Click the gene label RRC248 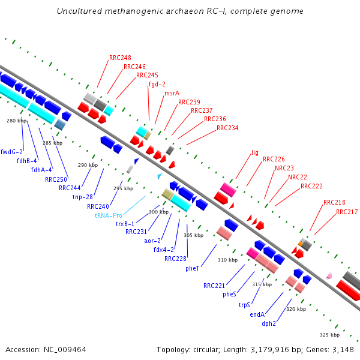(x=120, y=58)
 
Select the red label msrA (x=172, y=93)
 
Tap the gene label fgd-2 (x=157, y=85)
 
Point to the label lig (x=255, y=153)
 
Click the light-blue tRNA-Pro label (x=108, y=215)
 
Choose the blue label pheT (x=193, y=268)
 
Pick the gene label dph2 (x=268, y=323)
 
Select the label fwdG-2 (x=11, y=152)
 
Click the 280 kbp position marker (x=17, y=121)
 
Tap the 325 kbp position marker (x=330, y=334)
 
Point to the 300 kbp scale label (x=159, y=212)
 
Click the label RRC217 (x=347, y=212)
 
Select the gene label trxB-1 (x=125, y=223)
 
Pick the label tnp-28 (x=82, y=197)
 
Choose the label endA (x=257, y=314)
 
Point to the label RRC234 (x=227, y=128)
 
